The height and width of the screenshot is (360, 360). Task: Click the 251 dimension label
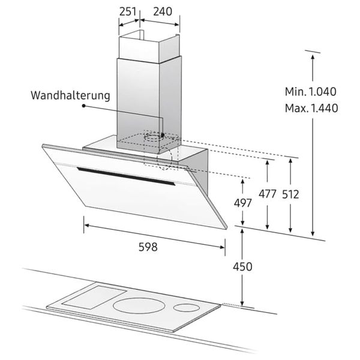[128, 11]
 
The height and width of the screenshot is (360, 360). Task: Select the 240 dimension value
[163, 11]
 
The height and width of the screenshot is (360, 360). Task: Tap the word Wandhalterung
[70, 95]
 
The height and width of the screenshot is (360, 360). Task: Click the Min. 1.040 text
[310, 92]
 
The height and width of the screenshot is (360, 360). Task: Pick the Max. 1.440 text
[311, 108]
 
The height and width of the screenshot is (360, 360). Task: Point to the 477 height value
[267, 194]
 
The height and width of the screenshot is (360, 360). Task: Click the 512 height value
[290, 194]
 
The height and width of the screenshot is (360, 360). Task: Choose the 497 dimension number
[242, 203]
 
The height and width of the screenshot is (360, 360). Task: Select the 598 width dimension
[148, 247]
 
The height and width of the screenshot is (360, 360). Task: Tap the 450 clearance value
[242, 267]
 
